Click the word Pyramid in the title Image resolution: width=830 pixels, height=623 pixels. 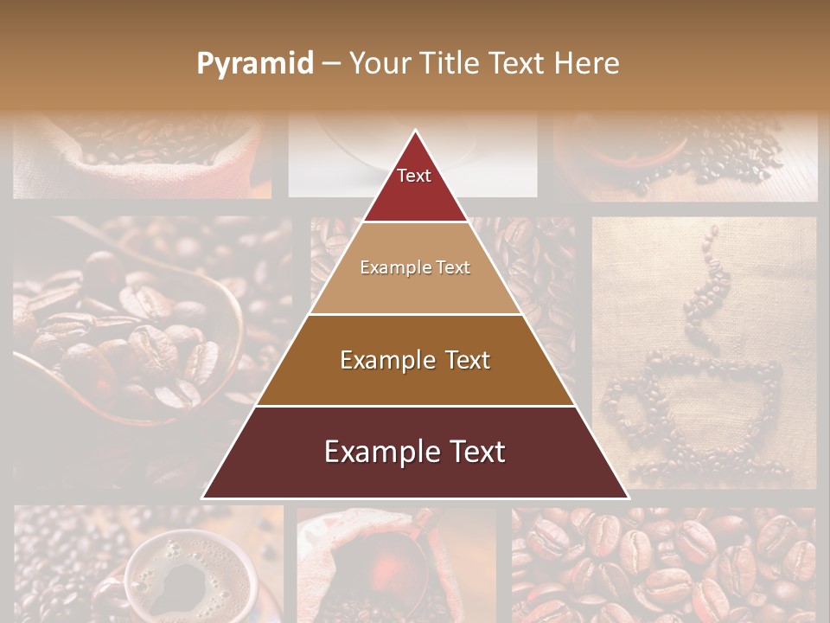click(x=254, y=64)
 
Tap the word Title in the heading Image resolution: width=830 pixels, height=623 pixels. click(x=455, y=63)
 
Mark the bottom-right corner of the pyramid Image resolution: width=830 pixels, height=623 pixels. click(x=627, y=498)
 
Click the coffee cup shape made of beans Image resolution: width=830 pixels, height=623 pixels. click(x=692, y=407)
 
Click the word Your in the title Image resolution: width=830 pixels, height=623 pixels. click(x=377, y=64)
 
